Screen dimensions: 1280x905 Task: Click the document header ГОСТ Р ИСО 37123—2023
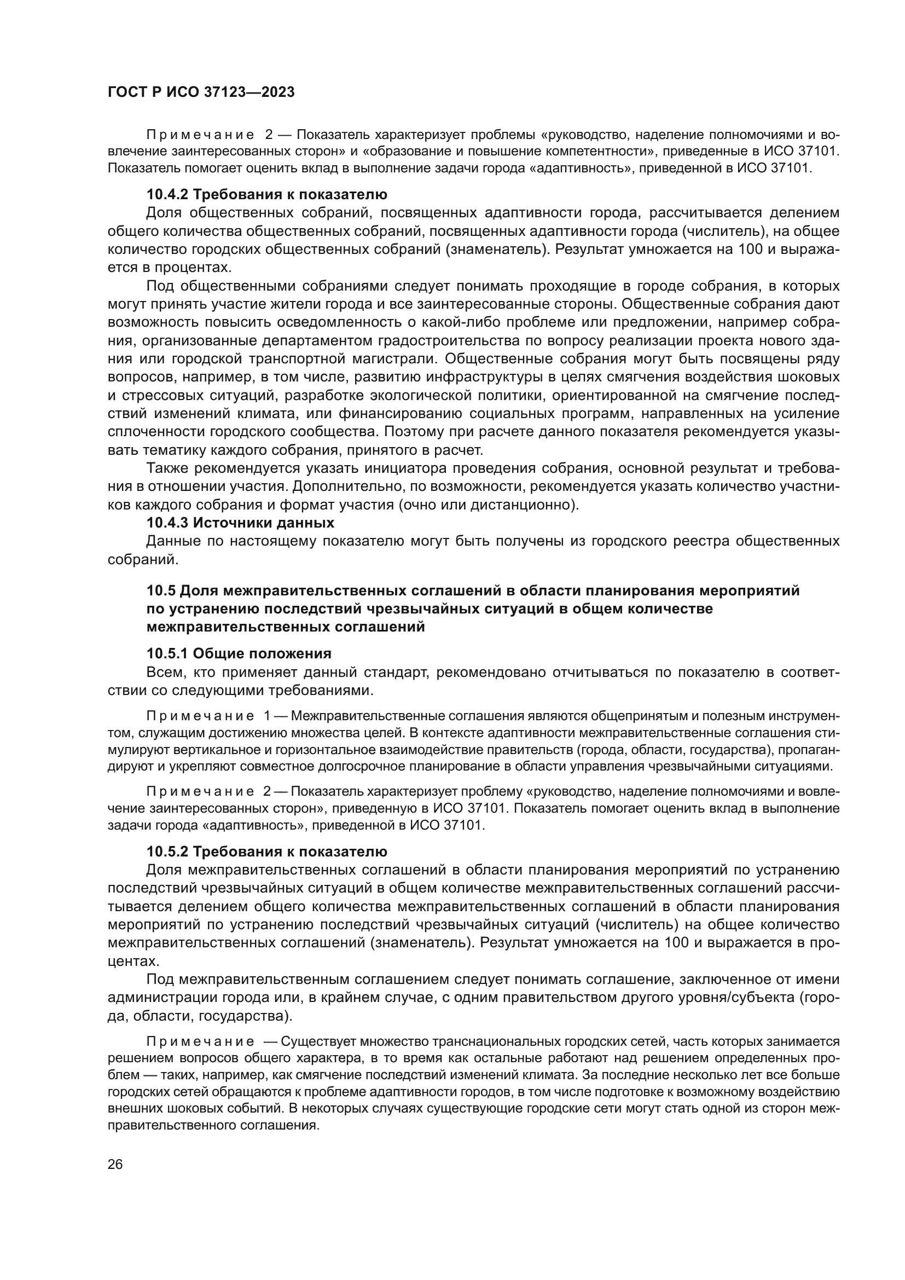[201, 92]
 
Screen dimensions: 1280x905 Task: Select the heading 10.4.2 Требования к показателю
[266, 195]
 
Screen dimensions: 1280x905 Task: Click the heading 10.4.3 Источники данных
[240, 523]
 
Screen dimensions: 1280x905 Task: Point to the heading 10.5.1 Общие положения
[239, 653]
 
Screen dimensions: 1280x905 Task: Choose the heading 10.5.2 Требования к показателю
[266, 852]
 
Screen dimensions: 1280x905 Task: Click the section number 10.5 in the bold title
[160, 590]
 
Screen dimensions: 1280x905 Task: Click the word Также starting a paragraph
[167, 468]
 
